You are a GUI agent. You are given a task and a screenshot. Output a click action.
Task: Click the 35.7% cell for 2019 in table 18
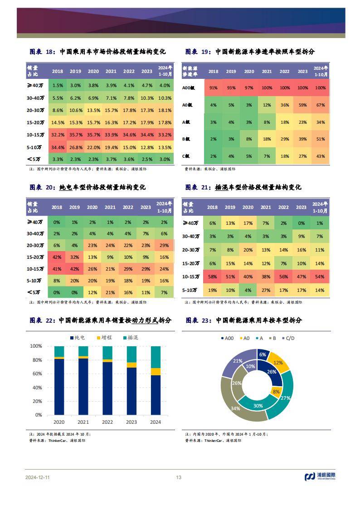coord(75,135)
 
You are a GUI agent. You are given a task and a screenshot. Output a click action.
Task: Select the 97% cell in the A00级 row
coord(249,88)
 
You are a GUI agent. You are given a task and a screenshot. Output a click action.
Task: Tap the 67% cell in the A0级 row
coord(320,105)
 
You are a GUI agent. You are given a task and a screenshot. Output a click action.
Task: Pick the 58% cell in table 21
coord(212,276)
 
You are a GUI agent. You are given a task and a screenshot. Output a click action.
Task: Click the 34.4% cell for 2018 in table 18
coord(58,147)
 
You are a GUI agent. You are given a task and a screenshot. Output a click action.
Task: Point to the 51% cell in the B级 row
coord(320,139)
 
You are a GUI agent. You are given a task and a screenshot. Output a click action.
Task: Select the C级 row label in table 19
coord(188,156)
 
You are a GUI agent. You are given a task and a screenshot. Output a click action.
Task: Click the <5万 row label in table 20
coord(35,292)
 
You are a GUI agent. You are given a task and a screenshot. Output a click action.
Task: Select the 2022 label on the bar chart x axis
coord(107,422)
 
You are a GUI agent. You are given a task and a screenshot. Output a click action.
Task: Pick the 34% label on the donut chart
coord(235,409)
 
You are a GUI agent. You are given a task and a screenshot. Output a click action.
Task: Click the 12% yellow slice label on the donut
coord(278,363)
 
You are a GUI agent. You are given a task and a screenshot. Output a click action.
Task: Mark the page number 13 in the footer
coord(179,477)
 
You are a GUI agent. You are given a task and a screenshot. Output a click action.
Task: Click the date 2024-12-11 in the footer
coord(38,477)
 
